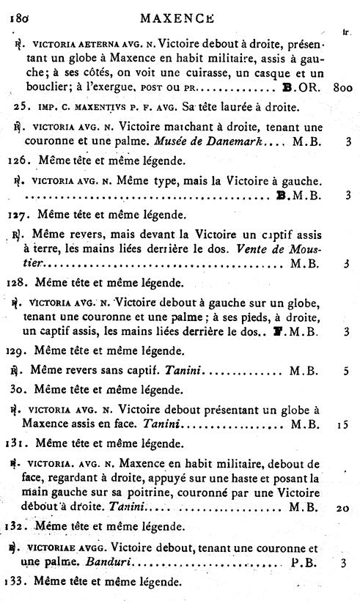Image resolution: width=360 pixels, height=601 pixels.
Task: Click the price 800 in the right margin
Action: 342,86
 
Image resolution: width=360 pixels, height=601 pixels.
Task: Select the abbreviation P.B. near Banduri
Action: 304,564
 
